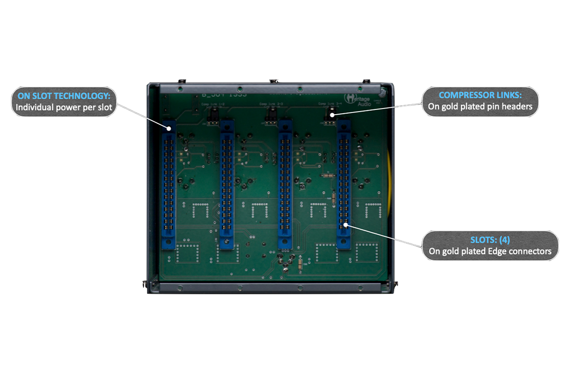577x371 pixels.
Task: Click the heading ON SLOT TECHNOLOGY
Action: (x=63, y=95)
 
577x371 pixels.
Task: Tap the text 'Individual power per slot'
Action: (x=63, y=107)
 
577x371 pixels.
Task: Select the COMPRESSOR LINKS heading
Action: (x=480, y=95)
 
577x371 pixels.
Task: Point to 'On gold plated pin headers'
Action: (x=480, y=107)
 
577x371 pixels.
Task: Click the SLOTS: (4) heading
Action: (x=490, y=239)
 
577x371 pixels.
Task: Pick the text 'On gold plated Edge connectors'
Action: (x=490, y=251)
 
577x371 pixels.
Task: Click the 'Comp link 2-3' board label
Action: (x=270, y=104)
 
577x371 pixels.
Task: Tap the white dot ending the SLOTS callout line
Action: (x=347, y=224)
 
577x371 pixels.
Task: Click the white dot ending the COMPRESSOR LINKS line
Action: (x=331, y=115)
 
